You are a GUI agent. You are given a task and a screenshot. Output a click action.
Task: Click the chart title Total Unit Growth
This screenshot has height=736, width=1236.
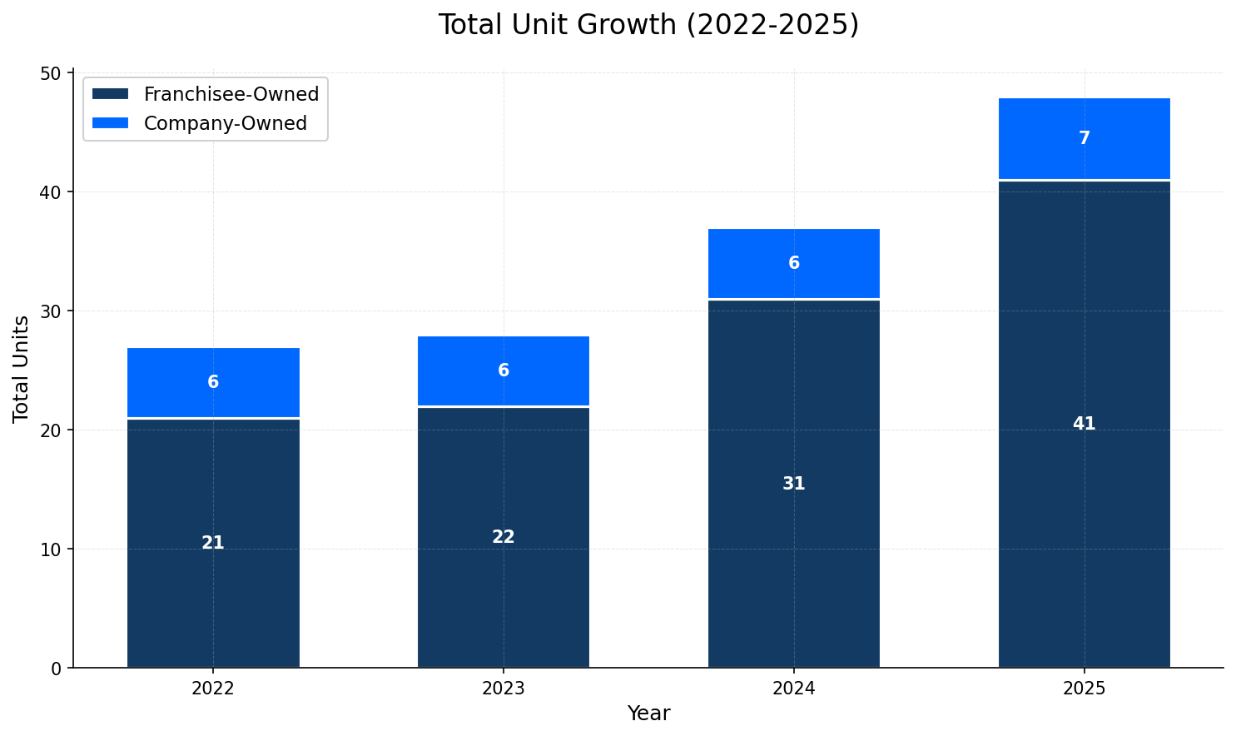coord(648,25)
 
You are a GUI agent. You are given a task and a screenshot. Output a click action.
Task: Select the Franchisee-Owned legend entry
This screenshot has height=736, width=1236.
coord(231,94)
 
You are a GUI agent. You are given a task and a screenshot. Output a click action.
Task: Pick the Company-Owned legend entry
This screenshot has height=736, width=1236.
coord(225,123)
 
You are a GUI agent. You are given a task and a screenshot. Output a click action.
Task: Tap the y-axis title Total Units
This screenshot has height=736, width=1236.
coord(21,369)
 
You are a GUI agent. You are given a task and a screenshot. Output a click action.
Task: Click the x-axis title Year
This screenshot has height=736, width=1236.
coord(648,714)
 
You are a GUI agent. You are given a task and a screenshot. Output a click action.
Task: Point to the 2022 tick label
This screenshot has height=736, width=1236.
coord(213,689)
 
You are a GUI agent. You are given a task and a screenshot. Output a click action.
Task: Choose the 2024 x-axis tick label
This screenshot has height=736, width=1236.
coord(793,689)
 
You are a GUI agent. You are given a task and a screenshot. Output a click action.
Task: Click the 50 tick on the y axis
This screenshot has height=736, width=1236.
coord(52,73)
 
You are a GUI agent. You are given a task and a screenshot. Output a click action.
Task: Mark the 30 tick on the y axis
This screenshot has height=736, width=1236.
coord(52,311)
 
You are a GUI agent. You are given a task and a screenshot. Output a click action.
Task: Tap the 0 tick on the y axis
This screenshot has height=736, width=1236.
coord(57,668)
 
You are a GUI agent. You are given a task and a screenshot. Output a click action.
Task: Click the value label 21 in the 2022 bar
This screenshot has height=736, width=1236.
coord(213,543)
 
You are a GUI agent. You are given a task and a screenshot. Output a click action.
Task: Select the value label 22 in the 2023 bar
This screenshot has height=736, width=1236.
coord(504,537)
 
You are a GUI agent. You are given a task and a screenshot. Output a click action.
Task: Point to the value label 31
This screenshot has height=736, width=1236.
coord(793,484)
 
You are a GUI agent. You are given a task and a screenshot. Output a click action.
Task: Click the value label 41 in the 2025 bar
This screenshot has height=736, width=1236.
coord(1084,424)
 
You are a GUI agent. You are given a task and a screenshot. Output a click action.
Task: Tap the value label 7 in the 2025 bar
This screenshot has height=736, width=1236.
coord(1084,139)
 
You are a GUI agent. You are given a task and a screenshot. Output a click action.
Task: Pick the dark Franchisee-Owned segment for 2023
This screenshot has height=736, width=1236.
coord(504,583)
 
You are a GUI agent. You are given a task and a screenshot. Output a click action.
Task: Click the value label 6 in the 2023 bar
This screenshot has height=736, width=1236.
coord(504,371)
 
